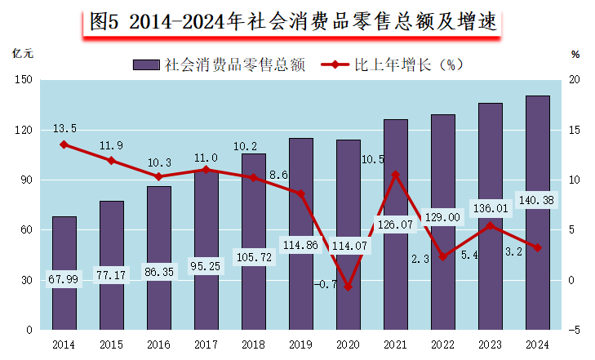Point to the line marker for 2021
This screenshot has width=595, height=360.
pos(396,174)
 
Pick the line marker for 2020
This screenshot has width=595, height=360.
pos(349,287)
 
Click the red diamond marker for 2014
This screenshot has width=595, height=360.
pos(64,144)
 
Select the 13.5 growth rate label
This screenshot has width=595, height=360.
pos(64,128)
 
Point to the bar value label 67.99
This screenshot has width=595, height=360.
pos(64,279)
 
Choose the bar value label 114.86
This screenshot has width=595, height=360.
pos(301,243)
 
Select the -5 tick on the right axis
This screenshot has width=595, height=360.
pos(575,330)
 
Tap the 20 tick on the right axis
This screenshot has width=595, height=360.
pos(575,80)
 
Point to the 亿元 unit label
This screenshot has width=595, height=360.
pos(23,54)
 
